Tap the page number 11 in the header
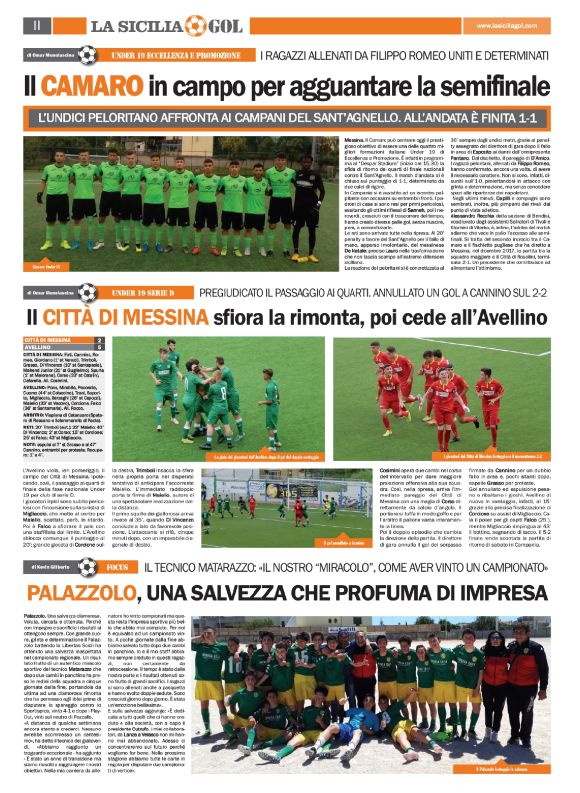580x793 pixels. pyautogui.click(x=36, y=23)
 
